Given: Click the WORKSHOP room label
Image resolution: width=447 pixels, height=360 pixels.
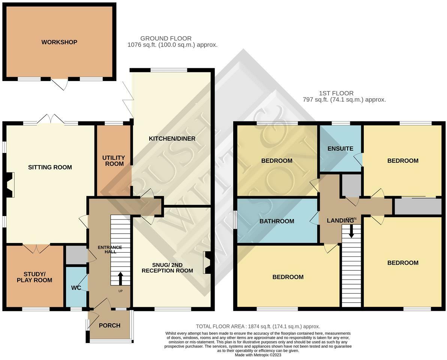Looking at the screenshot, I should click(59, 42).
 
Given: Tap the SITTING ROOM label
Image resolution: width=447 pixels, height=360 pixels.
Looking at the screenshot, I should click(50, 167).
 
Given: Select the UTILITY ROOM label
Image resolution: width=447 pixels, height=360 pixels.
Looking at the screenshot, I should click(113, 161).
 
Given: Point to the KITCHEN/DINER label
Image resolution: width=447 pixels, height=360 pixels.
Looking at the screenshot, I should click(172, 139).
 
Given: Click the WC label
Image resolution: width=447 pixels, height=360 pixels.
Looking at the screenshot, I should click(76, 288).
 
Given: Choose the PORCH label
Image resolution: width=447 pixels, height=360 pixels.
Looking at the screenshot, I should click(109, 325).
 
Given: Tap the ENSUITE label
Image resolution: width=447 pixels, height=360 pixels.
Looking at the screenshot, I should click(340, 148).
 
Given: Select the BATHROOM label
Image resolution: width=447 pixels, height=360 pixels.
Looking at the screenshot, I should click(277, 221).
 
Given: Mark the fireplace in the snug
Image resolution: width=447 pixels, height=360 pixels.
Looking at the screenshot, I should click(207, 262).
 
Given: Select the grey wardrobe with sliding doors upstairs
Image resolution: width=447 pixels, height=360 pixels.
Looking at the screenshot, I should click(417, 206).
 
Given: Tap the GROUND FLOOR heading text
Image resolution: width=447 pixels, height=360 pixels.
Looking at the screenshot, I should click(166, 39).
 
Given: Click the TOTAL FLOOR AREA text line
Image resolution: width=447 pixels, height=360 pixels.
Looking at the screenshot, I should click(258, 327).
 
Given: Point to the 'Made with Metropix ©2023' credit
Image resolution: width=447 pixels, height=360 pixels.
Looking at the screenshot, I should click(258, 355).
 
